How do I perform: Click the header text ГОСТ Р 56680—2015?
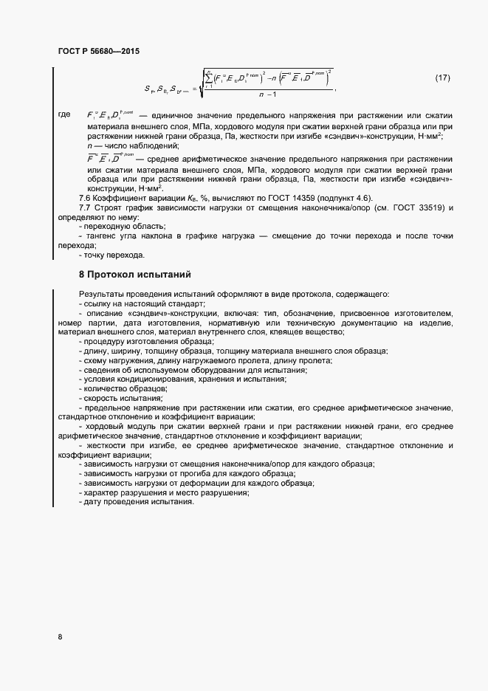[x=98, y=52]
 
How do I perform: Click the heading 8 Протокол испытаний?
[x=135, y=274]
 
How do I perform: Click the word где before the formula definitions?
[x=64, y=115]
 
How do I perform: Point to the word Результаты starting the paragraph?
[x=101, y=295]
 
